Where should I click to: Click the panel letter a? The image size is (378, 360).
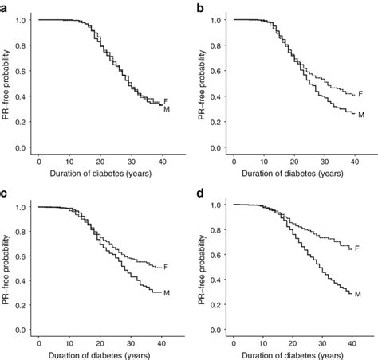click(x=5, y=6)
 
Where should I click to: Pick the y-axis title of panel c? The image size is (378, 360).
click(x=6, y=267)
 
